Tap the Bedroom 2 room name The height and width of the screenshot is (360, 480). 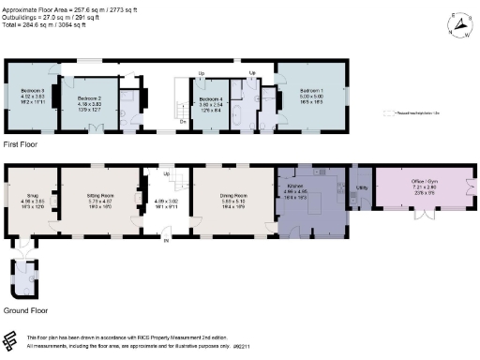[89, 97]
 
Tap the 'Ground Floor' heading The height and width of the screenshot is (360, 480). [26, 308]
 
